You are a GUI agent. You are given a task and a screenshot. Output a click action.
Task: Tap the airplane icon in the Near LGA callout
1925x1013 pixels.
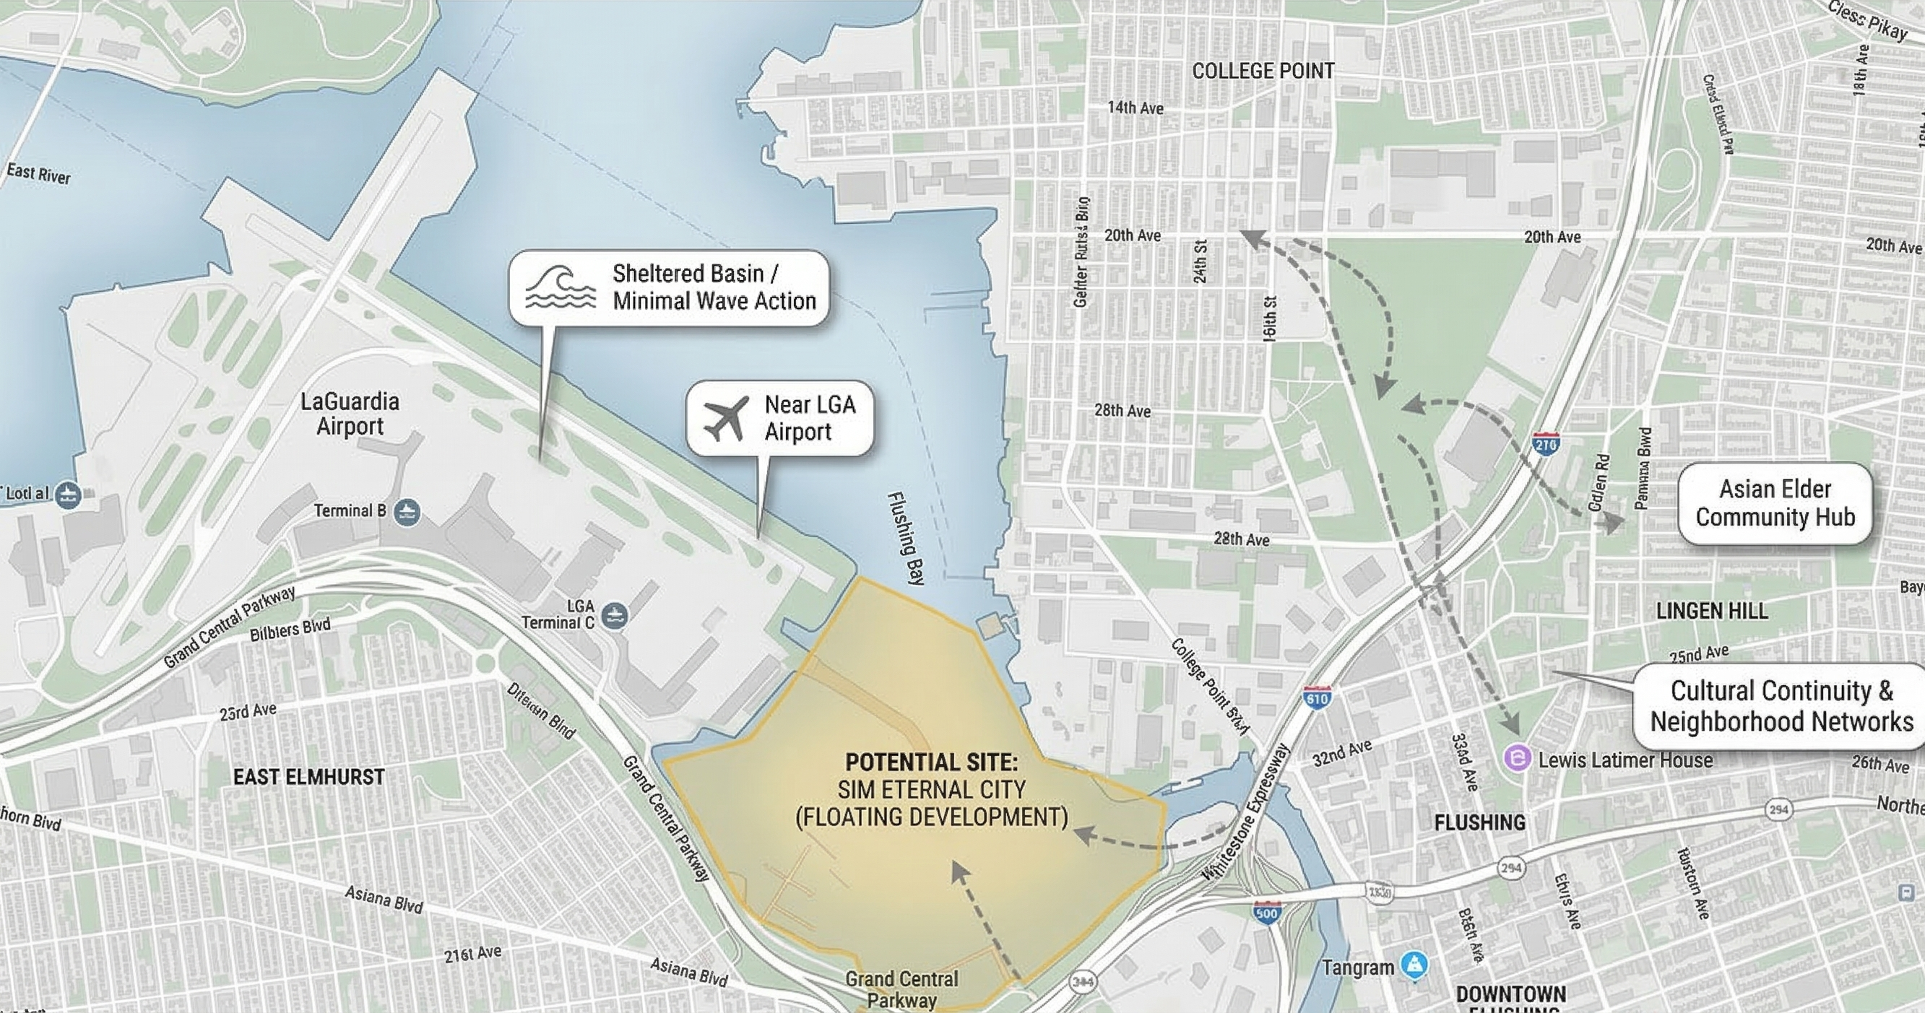pyautogui.click(x=725, y=418)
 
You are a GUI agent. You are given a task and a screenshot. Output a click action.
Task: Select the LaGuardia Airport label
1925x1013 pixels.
pyautogui.click(x=350, y=414)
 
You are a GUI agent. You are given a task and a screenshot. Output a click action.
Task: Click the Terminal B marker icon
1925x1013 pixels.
pyautogui.click(x=407, y=512)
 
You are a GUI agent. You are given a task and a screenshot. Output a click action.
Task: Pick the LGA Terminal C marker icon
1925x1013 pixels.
pyautogui.click(x=614, y=616)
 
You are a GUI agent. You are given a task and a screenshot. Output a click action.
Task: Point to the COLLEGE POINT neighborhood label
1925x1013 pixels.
pyautogui.click(x=1263, y=71)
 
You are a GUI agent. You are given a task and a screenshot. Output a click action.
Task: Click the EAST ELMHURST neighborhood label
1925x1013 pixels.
pyautogui.click(x=308, y=777)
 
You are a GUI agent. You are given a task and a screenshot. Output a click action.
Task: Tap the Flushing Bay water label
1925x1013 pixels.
pyautogui.click(x=907, y=538)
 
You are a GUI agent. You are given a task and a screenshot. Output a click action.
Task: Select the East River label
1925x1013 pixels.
pyautogui.click(x=39, y=174)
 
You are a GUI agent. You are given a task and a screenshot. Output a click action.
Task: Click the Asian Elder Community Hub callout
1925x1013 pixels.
pyautogui.click(x=1775, y=503)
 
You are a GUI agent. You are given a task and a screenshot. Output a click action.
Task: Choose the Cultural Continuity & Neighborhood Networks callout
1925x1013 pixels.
pyautogui.click(x=1781, y=706)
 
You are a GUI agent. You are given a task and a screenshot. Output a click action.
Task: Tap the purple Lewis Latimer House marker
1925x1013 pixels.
pyautogui.click(x=1518, y=759)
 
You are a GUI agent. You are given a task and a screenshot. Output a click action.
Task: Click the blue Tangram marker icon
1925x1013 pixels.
pyautogui.click(x=1413, y=965)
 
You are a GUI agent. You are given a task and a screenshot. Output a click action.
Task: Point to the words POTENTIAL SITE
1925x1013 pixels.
pyautogui.click(x=931, y=762)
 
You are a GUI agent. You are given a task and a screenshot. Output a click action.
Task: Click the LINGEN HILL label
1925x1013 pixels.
pyautogui.click(x=1712, y=611)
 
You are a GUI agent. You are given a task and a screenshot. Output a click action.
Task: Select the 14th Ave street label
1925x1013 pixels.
pyautogui.click(x=1135, y=108)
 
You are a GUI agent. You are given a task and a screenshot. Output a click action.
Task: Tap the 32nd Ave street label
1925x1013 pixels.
pyautogui.click(x=1342, y=753)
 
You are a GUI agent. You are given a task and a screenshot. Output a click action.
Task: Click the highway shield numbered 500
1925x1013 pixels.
pyautogui.click(x=1267, y=913)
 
